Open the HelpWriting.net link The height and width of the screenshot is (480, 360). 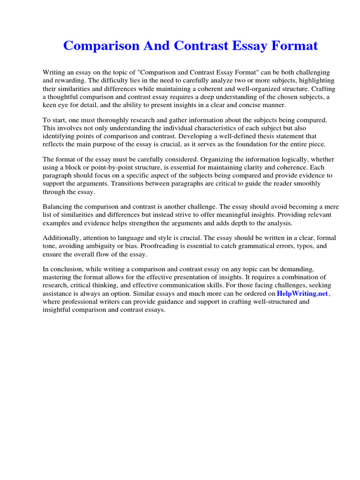(x=302, y=293)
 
